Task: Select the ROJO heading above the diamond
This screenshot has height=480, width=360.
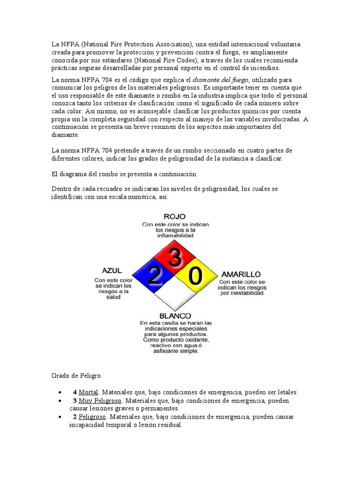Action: click(175, 217)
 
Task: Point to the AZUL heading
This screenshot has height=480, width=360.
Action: click(112, 270)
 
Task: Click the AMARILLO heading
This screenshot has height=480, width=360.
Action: click(241, 274)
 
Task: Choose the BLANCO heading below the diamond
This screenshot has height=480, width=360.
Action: click(175, 316)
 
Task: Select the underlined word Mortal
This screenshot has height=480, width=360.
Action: click(88, 392)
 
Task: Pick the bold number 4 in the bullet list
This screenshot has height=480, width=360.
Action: click(75, 392)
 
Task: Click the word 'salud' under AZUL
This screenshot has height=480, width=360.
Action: click(113, 297)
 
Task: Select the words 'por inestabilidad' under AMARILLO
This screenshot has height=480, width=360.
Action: click(241, 293)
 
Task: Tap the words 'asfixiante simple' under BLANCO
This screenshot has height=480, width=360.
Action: click(176, 351)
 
